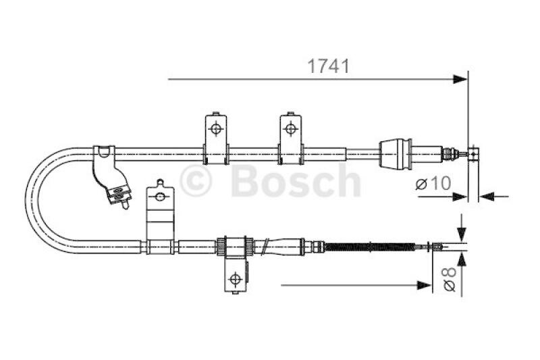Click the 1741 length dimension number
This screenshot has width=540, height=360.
click(328, 66)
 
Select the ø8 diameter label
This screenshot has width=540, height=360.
click(450, 279)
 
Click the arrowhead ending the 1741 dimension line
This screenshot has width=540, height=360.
click(460, 79)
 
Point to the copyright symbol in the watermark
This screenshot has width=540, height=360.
click(195, 181)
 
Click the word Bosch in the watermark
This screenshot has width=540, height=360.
click(296, 180)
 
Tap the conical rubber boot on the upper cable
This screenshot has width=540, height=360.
click(395, 154)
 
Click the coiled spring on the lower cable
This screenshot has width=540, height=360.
click(369, 247)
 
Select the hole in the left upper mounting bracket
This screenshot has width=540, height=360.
click(216, 129)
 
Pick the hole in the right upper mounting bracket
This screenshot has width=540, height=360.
click(291, 129)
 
